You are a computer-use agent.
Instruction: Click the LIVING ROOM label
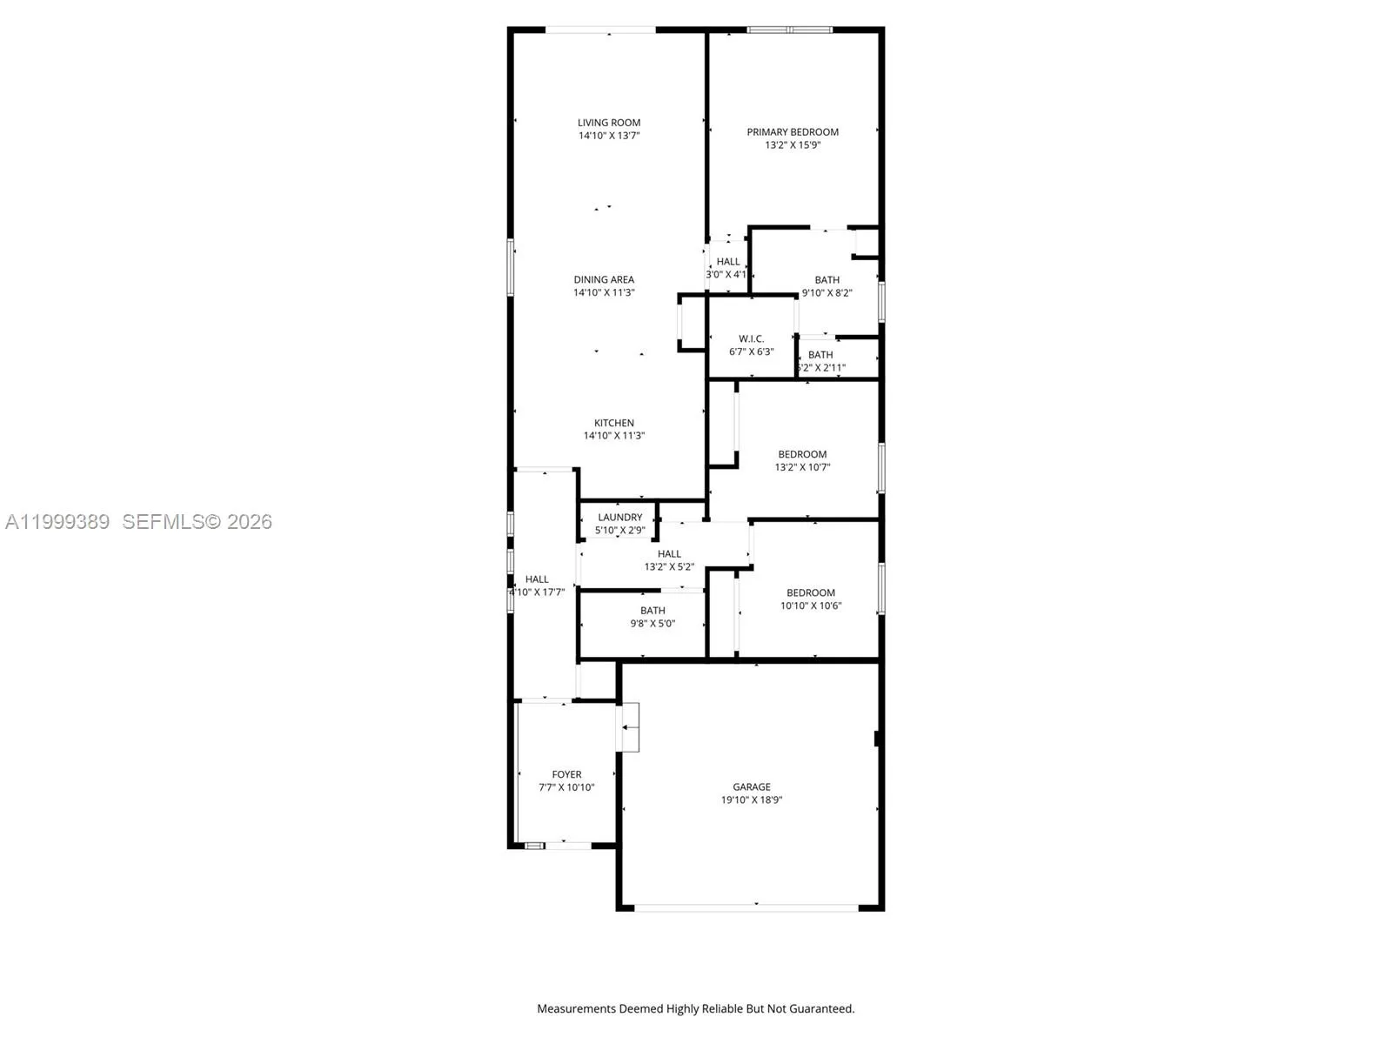[x=609, y=123]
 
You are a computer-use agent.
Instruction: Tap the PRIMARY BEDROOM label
[x=793, y=132]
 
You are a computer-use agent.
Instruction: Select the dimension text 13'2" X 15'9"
[x=793, y=145]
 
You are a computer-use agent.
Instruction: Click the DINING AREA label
[x=604, y=279]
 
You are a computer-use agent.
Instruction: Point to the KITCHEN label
[x=614, y=423]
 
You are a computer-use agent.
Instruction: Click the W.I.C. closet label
[x=751, y=338]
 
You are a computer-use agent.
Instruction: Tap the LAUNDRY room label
[x=620, y=517]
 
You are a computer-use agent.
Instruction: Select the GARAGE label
[x=752, y=786]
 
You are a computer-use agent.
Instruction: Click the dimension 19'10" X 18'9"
[x=752, y=800]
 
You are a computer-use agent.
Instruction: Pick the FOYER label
[x=566, y=774]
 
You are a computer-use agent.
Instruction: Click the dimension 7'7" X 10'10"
[x=566, y=787]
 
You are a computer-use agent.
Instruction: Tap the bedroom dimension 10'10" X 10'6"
[x=811, y=606]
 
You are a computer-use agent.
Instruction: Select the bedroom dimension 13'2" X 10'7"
[x=802, y=467]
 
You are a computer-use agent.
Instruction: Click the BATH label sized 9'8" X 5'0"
[x=652, y=610]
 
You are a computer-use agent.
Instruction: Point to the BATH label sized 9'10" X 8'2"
[x=826, y=279]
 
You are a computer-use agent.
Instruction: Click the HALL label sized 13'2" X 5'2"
[x=669, y=553]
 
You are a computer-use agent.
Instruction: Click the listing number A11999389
[x=57, y=522]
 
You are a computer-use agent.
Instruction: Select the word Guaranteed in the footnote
[x=822, y=1009]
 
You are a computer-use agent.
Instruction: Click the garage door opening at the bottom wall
[x=746, y=908]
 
